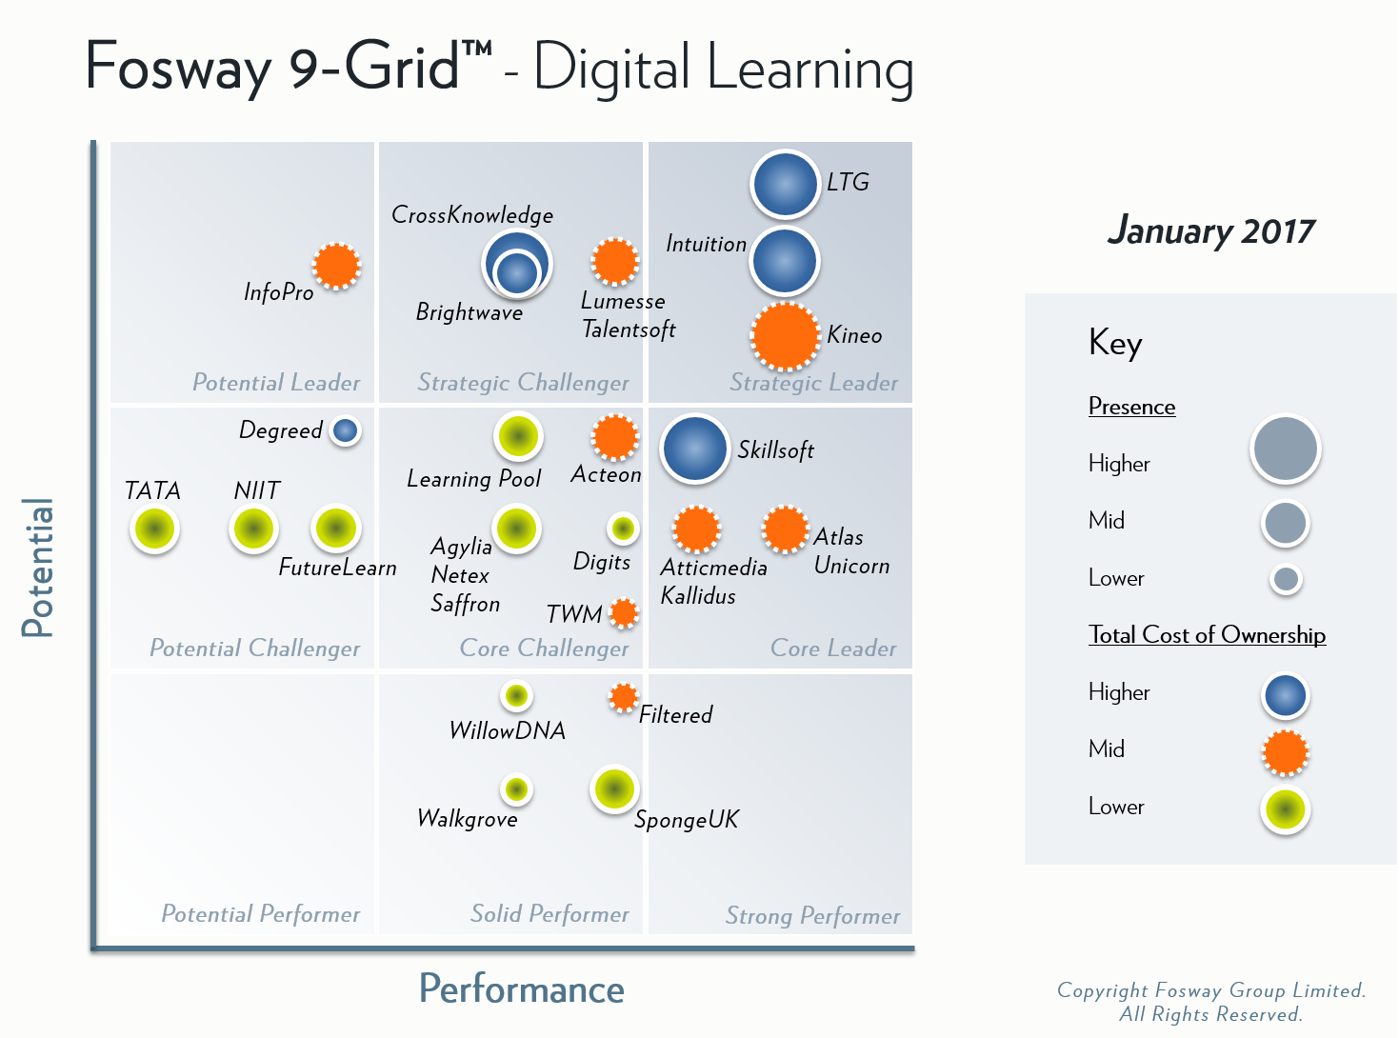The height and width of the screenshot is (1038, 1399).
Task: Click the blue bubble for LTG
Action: (x=785, y=185)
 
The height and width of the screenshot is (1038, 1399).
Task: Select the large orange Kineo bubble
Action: (x=785, y=336)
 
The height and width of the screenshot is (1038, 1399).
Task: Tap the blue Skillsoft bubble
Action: (x=694, y=449)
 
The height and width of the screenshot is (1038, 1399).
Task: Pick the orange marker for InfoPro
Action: (x=336, y=266)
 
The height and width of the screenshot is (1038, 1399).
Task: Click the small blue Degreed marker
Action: (x=345, y=430)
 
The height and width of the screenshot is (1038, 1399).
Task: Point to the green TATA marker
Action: (x=154, y=529)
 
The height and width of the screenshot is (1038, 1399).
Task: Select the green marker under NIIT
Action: (x=253, y=529)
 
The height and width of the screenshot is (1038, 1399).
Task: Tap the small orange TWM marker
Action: (x=624, y=613)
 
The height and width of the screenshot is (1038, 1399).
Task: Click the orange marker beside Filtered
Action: (x=624, y=698)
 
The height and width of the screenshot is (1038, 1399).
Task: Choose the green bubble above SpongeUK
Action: (x=613, y=788)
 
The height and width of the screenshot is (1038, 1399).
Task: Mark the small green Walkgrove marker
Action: (x=516, y=788)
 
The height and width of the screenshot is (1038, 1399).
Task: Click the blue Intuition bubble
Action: (x=785, y=261)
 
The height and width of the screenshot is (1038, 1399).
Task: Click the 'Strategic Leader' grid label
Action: (x=813, y=383)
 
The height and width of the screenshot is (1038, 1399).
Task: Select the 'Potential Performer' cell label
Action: (x=260, y=914)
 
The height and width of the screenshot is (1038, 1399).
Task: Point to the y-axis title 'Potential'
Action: (x=38, y=568)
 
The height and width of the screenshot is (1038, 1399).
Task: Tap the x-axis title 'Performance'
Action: (x=521, y=989)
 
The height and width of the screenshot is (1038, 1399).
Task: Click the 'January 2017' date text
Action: (x=1210, y=231)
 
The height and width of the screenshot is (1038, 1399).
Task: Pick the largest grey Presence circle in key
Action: (x=1285, y=449)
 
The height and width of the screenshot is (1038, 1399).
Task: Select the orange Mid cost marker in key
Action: (x=1285, y=752)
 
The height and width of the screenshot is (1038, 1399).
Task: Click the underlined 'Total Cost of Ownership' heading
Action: (x=1207, y=635)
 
